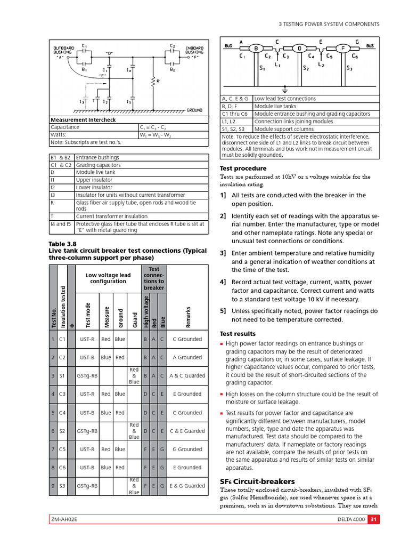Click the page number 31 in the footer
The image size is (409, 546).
click(374, 520)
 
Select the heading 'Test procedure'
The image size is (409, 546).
click(243, 168)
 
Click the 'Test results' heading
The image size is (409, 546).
click(238, 334)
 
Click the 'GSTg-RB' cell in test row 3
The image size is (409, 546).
click(87, 376)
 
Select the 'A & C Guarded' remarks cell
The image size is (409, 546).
click(187, 376)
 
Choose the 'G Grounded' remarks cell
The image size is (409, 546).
click(187, 449)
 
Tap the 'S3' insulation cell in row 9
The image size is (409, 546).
click(63, 486)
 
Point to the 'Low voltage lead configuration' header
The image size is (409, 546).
click(108, 278)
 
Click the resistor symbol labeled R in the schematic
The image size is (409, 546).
click(153, 81)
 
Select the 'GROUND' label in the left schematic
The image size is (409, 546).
click(194, 110)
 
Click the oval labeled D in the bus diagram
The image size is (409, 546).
click(299, 49)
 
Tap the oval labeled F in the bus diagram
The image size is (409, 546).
click(343, 49)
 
